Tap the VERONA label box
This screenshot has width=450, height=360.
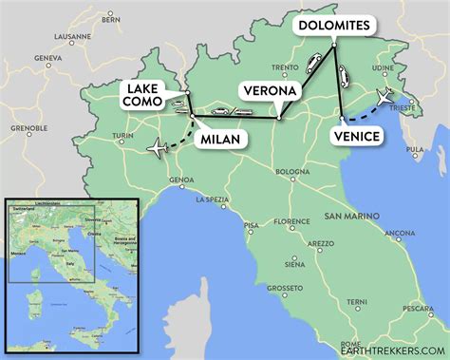tap(274, 91)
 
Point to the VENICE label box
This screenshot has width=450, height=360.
tap(357, 137)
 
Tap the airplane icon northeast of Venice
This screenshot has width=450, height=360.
tap(385, 98)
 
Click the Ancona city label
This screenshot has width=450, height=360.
tap(399, 233)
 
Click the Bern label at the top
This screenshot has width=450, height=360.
tap(111, 18)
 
